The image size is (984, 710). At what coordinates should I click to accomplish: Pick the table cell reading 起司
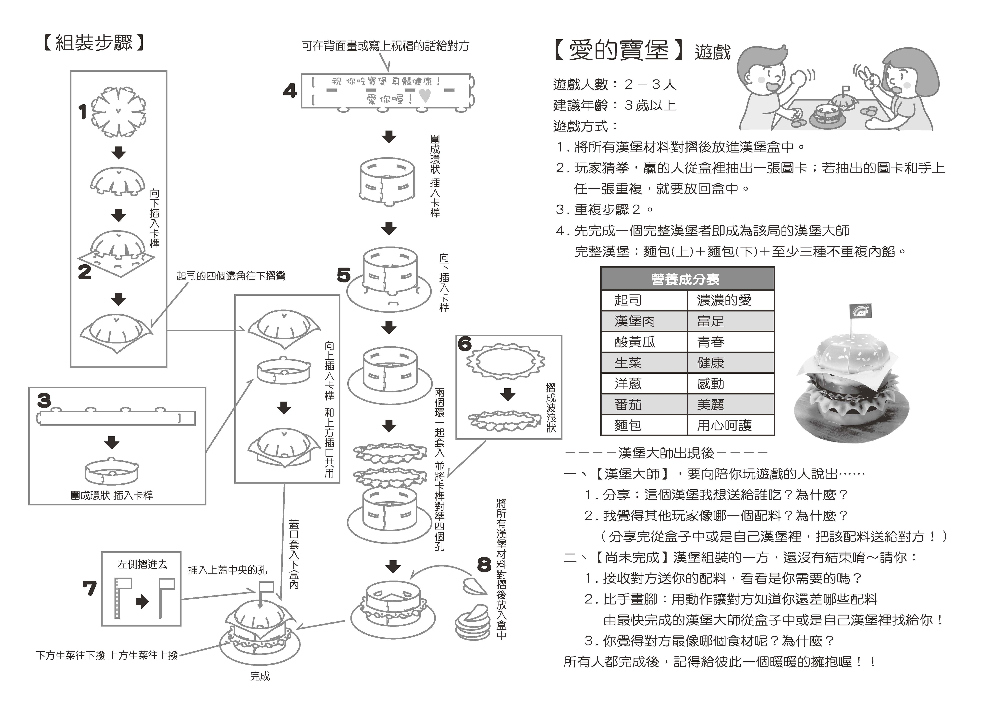(628, 300)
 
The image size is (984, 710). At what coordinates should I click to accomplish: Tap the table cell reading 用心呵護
(724, 425)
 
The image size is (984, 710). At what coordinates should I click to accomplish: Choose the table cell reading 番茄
(628, 405)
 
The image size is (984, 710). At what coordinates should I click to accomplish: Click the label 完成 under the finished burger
(260, 676)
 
